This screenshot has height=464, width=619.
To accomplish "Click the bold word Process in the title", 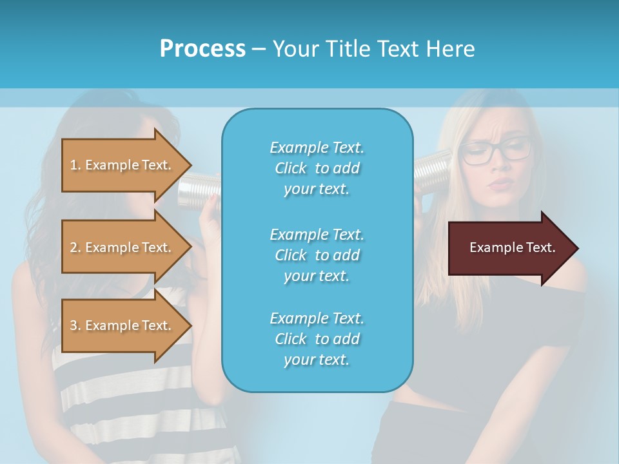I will (x=202, y=48).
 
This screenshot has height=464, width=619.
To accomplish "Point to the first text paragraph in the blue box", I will (x=317, y=168).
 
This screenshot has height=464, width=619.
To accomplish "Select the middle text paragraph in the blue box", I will (x=317, y=255).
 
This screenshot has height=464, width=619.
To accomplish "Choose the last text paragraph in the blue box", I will (x=317, y=339).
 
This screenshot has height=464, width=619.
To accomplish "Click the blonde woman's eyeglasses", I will (x=496, y=152).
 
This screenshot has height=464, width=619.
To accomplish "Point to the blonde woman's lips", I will (x=498, y=185).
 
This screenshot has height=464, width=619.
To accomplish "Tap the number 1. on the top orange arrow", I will (x=75, y=166).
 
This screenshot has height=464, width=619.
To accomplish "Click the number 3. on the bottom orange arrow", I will (x=75, y=326).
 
